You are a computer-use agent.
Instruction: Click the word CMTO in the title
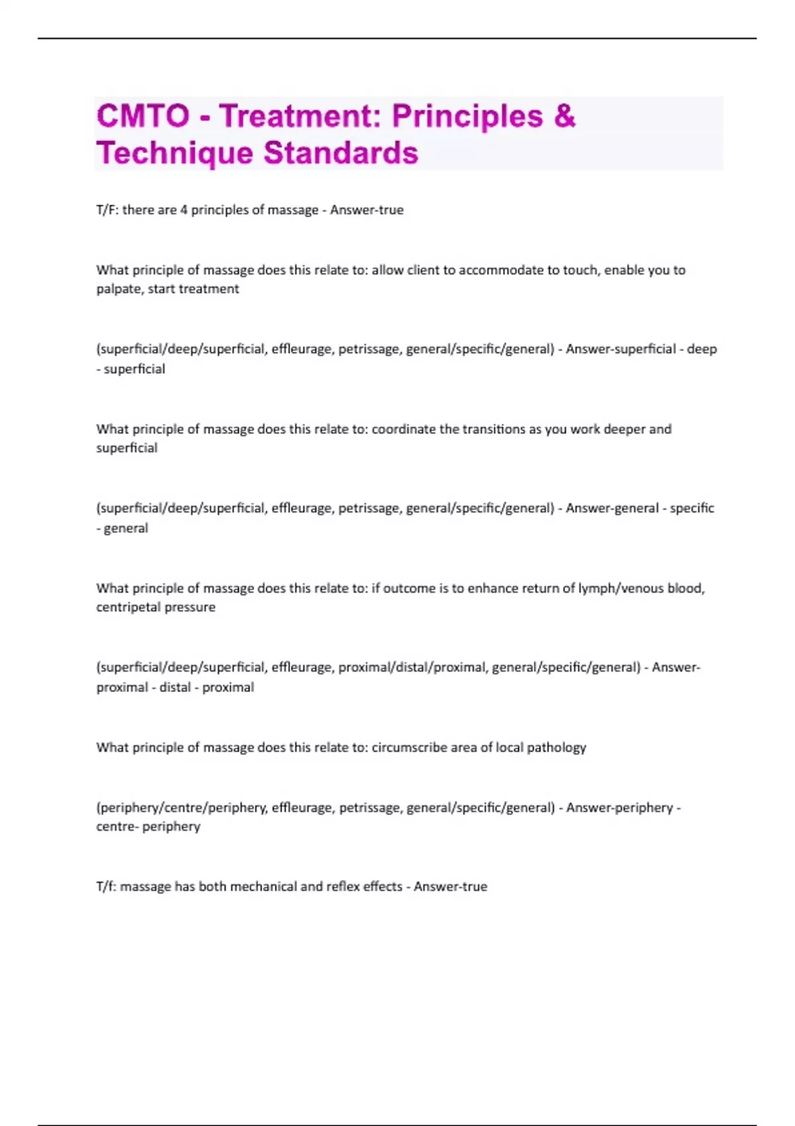coord(143,117)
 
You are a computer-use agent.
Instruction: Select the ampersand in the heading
coord(564,117)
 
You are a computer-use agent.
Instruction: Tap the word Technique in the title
coord(175,153)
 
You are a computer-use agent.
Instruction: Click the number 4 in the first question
coord(184,210)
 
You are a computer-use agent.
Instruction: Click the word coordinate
coord(403,429)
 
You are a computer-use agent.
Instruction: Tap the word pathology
coord(556,748)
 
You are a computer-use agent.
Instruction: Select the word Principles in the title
coord(468,117)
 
